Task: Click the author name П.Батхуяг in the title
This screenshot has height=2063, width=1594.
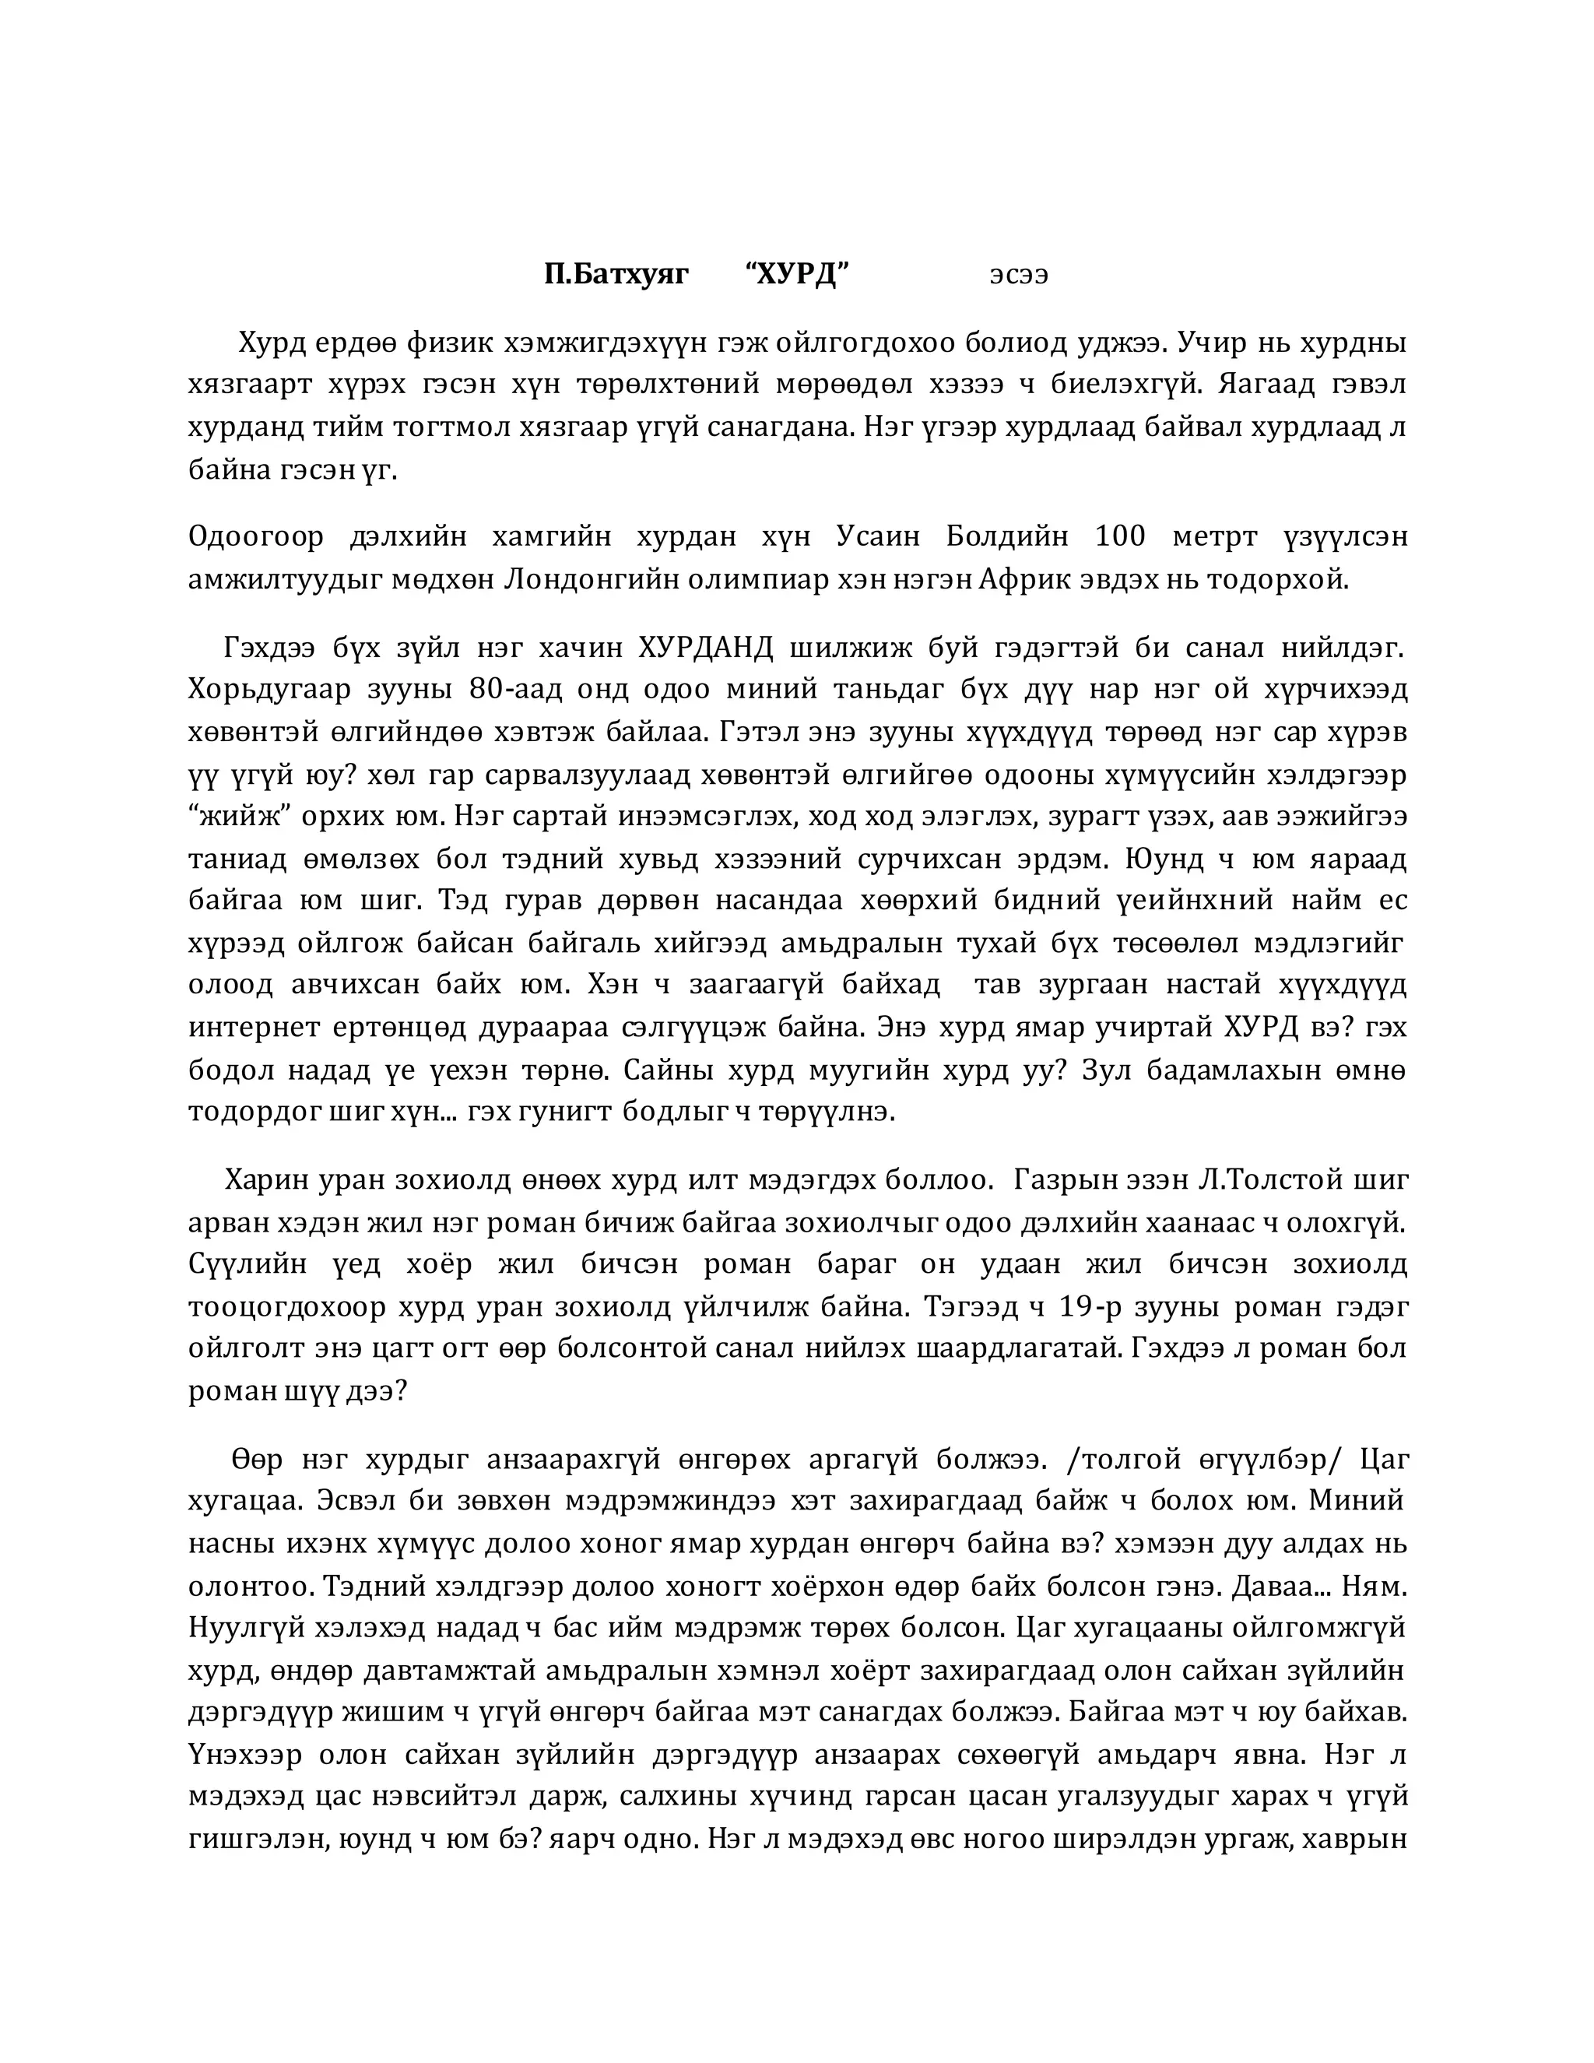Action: click(616, 275)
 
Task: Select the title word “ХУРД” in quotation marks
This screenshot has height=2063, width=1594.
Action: click(798, 275)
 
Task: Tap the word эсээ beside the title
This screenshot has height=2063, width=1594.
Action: click(1018, 276)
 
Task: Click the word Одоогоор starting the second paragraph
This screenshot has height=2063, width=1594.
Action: click(255, 537)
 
